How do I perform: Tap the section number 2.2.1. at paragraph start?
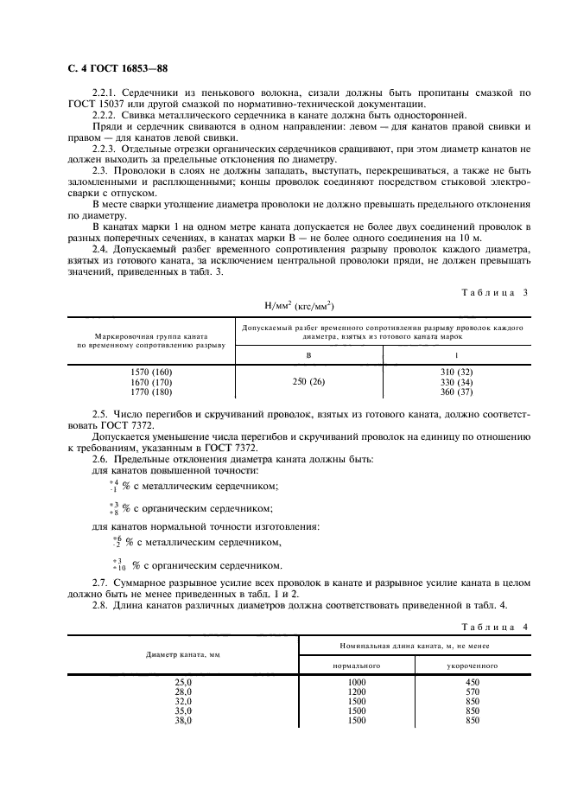click(106, 92)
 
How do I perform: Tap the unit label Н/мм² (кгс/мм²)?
click(298, 306)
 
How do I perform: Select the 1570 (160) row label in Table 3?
click(150, 372)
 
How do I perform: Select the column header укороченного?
click(472, 666)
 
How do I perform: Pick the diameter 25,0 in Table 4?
click(184, 683)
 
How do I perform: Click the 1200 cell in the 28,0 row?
click(356, 692)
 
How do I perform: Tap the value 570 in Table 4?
click(472, 692)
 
